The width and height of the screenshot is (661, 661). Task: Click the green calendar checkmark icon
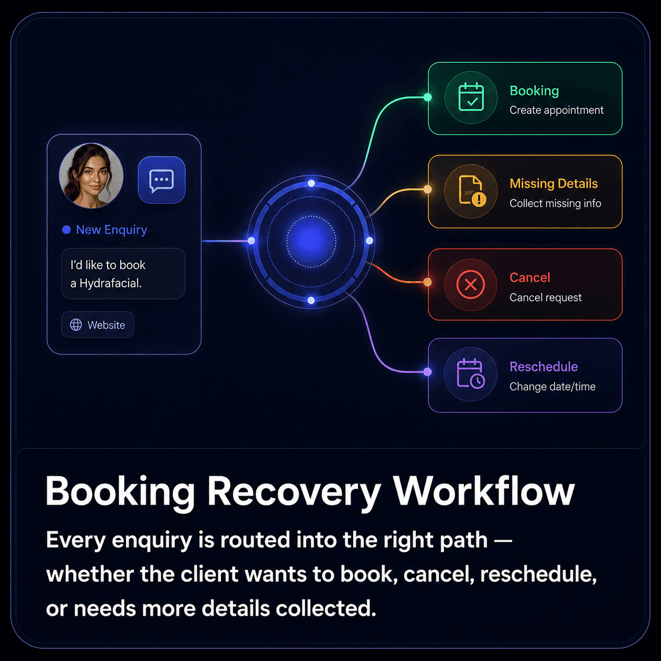(x=471, y=97)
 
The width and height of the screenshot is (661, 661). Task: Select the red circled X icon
(x=471, y=284)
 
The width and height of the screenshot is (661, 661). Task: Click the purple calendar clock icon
(x=471, y=374)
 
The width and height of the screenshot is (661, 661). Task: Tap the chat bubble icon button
(x=162, y=180)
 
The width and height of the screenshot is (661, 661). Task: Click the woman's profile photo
(x=91, y=176)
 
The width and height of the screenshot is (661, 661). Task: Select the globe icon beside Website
(x=76, y=325)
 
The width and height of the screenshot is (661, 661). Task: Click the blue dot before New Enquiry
(x=66, y=229)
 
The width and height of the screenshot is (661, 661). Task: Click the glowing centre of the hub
(x=311, y=241)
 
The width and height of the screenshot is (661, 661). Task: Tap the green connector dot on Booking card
(x=427, y=98)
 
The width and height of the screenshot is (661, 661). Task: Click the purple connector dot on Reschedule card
(x=427, y=372)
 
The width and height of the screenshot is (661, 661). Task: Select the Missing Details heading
(x=553, y=183)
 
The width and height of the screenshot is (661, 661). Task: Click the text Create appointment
(x=556, y=110)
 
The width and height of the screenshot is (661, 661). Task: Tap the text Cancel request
(x=546, y=297)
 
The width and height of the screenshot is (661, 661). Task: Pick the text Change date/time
(x=552, y=386)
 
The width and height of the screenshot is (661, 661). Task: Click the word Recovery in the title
(x=294, y=492)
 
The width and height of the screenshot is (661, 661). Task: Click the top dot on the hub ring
(x=311, y=183)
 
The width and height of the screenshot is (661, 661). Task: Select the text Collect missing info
(x=555, y=203)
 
